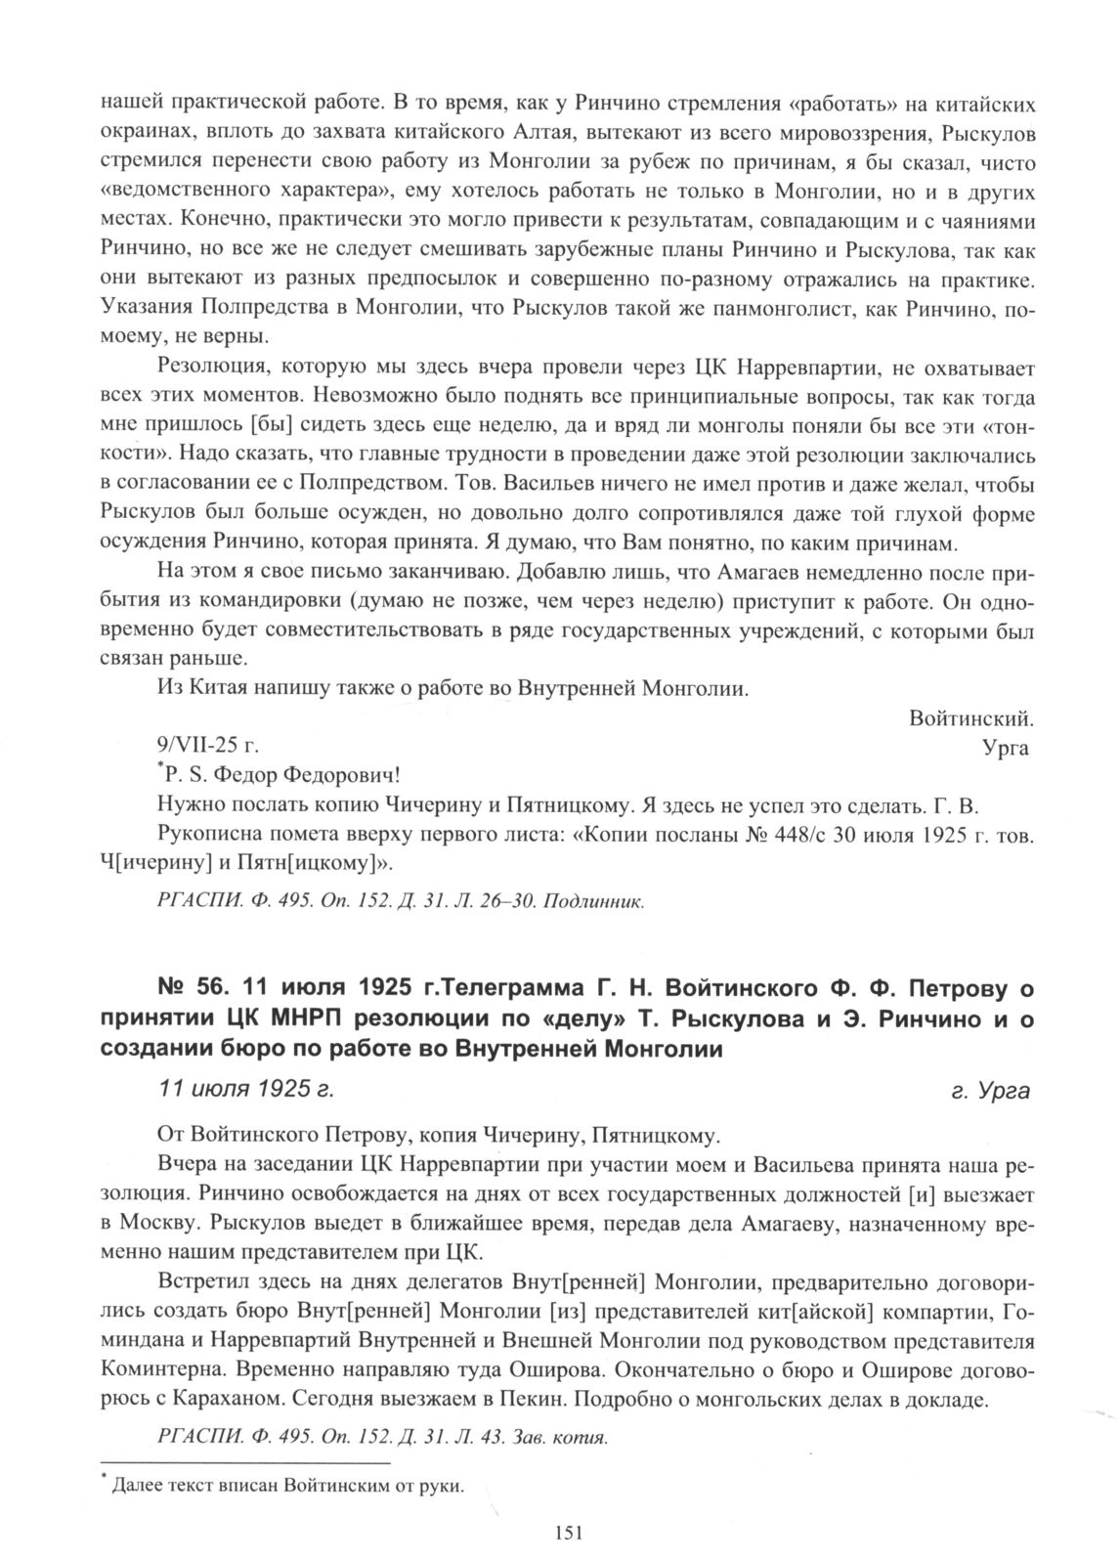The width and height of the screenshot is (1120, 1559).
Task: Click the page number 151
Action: coord(568,1533)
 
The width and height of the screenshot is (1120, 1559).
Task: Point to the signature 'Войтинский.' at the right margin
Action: coord(970,718)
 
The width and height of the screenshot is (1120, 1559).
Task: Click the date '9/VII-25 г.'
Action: coord(207,748)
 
